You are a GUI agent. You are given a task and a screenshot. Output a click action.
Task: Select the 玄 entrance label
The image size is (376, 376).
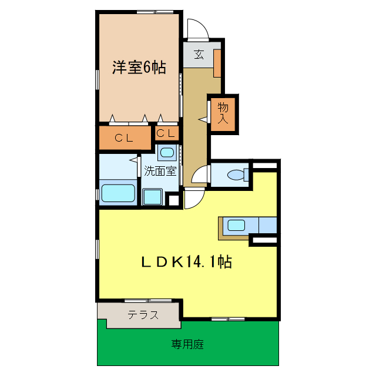tap(199, 55)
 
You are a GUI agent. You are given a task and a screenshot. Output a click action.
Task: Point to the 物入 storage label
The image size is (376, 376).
tap(223, 113)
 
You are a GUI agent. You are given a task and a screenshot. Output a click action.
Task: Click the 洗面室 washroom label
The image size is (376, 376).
tap(160, 172)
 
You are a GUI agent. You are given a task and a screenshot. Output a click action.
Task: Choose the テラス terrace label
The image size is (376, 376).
tap(143, 315)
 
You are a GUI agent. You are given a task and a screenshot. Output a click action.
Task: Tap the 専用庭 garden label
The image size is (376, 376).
tap(187, 344)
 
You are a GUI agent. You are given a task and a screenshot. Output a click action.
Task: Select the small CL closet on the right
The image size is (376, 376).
tap(165, 133)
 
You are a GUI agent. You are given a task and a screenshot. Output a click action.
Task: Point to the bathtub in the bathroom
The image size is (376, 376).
tap(118, 193)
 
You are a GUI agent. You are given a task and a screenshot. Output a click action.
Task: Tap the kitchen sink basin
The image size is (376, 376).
tap(237, 224)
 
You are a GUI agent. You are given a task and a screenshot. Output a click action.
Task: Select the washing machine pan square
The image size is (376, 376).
tap(153, 196)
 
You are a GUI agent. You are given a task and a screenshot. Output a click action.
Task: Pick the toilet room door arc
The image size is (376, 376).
tap(202, 175)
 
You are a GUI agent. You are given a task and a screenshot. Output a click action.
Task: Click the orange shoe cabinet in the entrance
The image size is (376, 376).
tap(217, 63)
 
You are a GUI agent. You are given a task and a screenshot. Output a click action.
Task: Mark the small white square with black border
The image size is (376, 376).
tap(173, 200)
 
